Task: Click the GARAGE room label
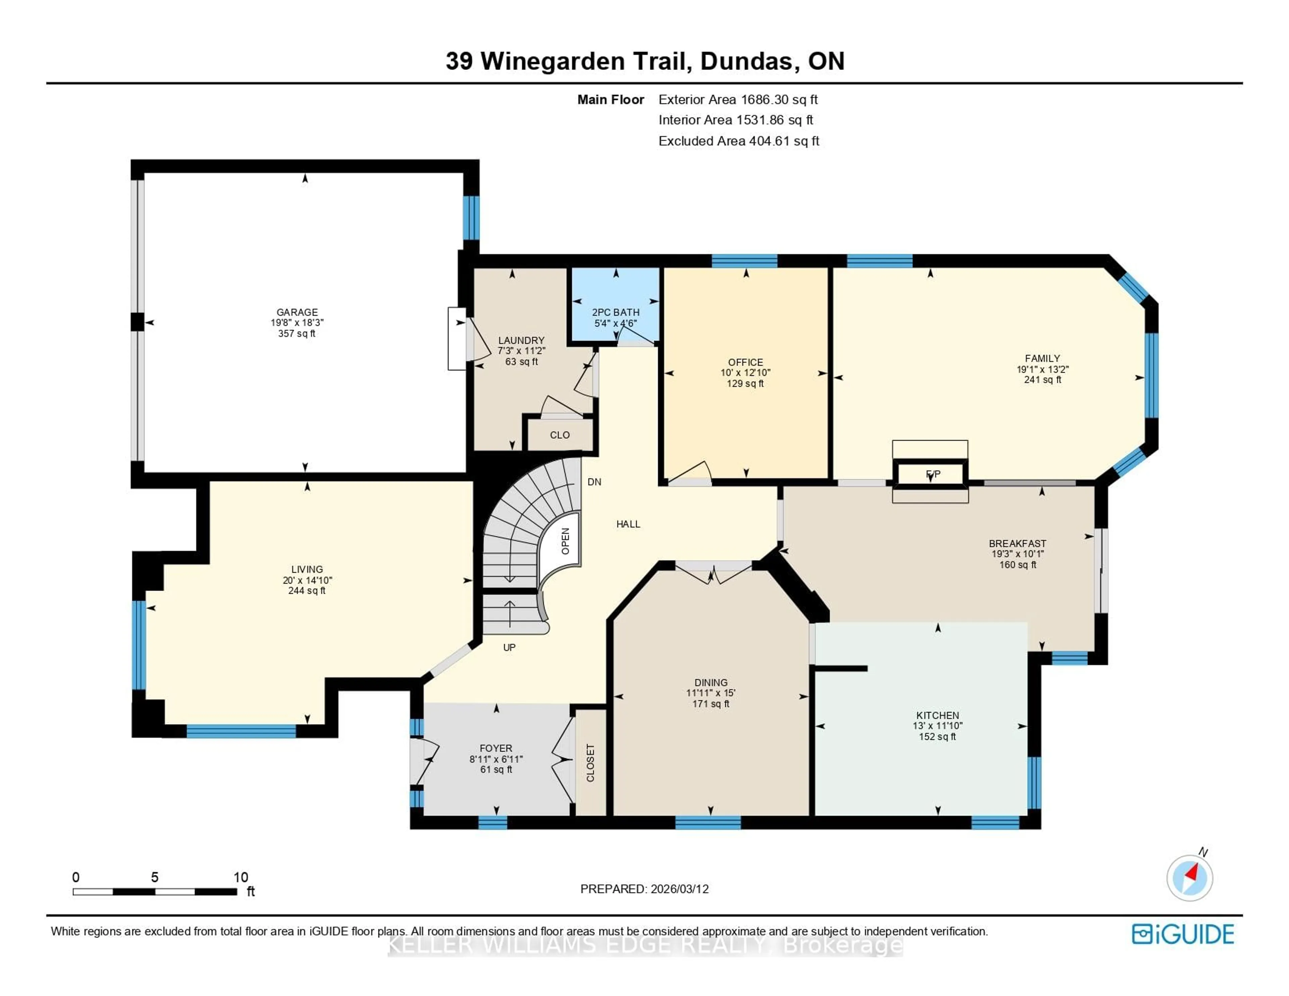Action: pyautogui.click(x=297, y=312)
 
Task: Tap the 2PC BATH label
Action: pyautogui.click(x=616, y=312)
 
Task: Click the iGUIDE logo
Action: pyautogui.click(x=1183, y=934)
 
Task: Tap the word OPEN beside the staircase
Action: pyautogui.click(x=565, y=541)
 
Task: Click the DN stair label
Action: pyautogui.click(x=594, y=482)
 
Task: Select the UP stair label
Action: pyautogui.click(x=509, y=648)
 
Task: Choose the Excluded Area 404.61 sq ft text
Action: pyautogui.click(x=738, y=141)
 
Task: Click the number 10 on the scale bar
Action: pyautogui.click(x=240, y=877)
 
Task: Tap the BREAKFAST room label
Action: pyautogui.click(x=1017, y=543)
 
